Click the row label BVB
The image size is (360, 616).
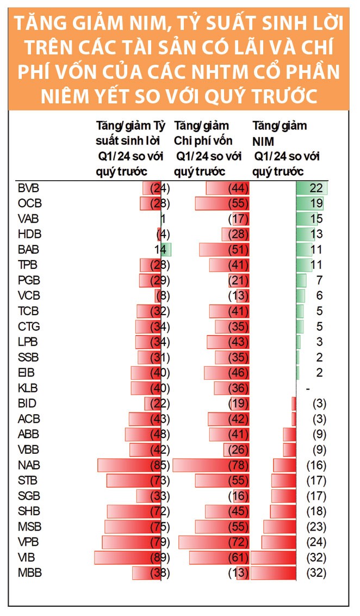pyautogui.click(x=29, y=188)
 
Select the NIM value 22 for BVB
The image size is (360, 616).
pyautogui.click(x=317, y=188)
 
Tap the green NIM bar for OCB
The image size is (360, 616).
pyautogui.click(x=309, y=204)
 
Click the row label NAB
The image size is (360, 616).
pyautogui.click(x=29, y=465)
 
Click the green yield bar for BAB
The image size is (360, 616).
pyautogui.click(x=166, y=250)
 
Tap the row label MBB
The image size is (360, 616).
pyautogui.click(x=29, y=573)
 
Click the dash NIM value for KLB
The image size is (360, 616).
pyautogui.click(x=308, y=389)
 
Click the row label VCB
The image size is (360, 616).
pyautogui.click(x=29, y=296)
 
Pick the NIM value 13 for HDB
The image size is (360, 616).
pyautogui.click(x=317, y=235)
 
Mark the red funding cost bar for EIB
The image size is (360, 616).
pyautogui.click(x=226, y=373)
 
